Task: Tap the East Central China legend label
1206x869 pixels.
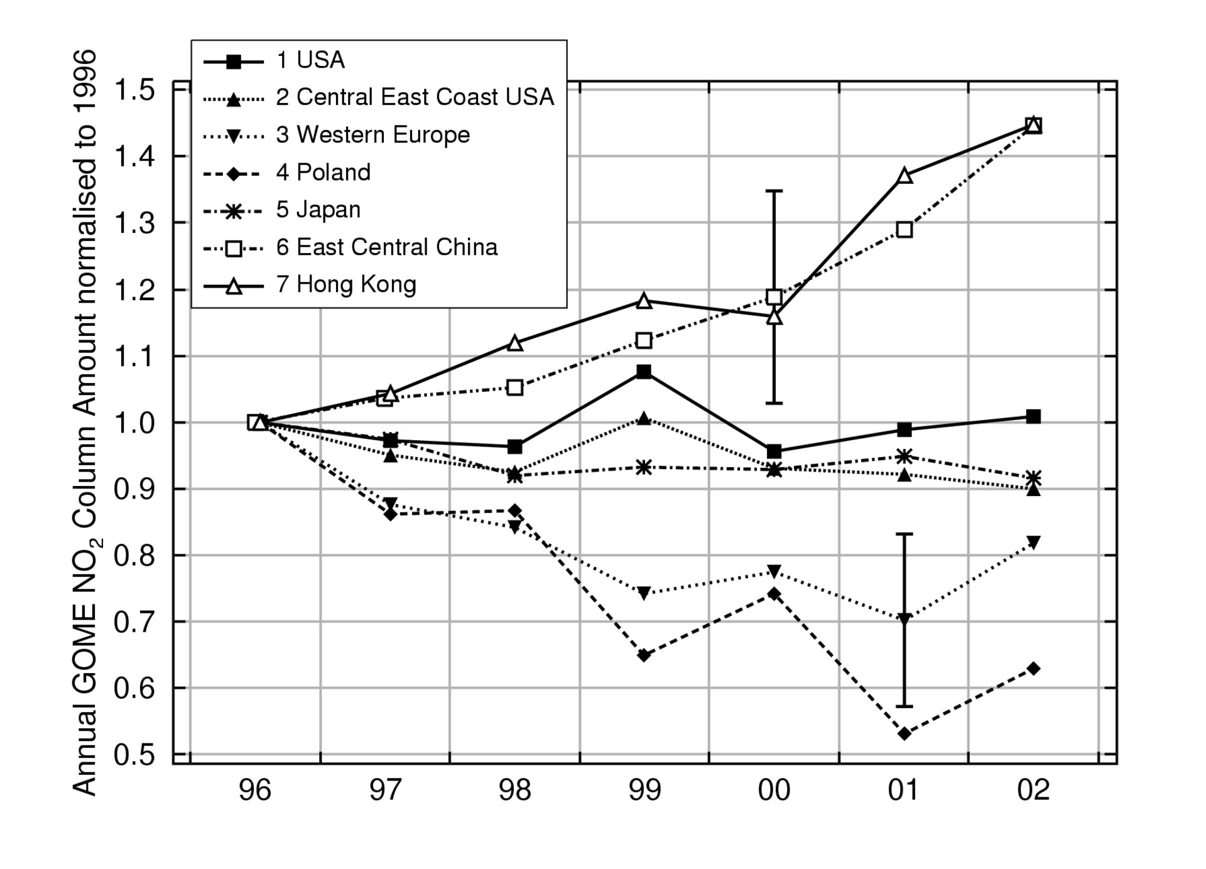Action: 396,247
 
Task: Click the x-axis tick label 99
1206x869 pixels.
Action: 644,789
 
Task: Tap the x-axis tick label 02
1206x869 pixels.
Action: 1033,789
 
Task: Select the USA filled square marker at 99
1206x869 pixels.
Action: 644,372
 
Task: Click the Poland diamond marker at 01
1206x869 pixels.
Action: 905,733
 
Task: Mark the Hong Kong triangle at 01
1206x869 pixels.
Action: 905,175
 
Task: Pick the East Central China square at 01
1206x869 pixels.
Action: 905,230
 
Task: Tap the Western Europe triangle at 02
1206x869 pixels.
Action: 1033,542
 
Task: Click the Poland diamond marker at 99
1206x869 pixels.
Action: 644,656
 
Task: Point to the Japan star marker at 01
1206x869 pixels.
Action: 905,456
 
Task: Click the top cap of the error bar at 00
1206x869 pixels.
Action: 774,190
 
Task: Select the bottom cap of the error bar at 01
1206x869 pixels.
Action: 905,706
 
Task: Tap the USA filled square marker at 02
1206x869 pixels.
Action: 1033,416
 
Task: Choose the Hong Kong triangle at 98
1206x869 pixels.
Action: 515,343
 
